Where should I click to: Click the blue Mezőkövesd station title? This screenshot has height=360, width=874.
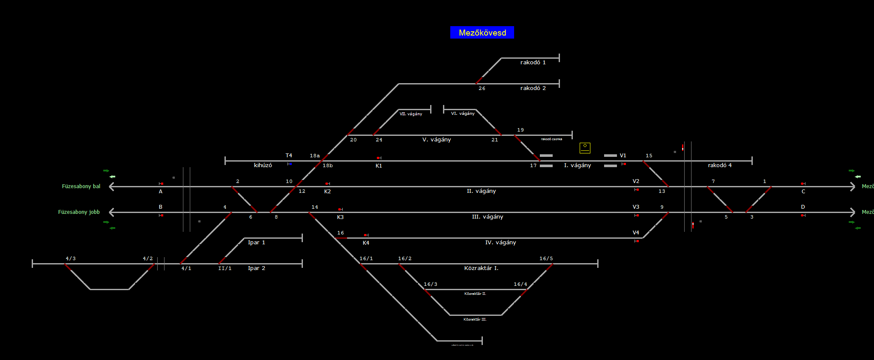(x=482, y=33)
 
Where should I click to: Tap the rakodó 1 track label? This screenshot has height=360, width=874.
(x=533, y=63)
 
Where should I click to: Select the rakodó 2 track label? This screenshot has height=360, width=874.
(x=533, y=88)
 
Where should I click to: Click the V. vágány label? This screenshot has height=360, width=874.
(x=437, y=140)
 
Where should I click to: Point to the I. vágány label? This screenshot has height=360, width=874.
(x=578, y=165)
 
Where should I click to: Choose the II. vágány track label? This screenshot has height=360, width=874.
(x=481, y=191)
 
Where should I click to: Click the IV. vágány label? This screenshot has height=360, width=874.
(x=500, y=243)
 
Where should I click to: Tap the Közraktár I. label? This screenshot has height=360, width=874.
(x=481, y=268)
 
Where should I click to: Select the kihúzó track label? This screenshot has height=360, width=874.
(x=263, y=165)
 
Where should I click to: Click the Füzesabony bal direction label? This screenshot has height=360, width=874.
(x=81, y=186)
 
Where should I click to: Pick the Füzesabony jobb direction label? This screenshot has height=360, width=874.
(x=79, y=212)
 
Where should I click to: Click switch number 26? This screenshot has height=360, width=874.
(x=482, y=88)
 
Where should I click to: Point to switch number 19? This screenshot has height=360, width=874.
(x=521, y=130)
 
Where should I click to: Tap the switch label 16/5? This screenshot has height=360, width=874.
(x=546, y=258)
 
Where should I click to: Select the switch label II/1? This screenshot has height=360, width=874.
(x=225, y=268)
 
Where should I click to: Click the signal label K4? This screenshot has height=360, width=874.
(x=366, y=243)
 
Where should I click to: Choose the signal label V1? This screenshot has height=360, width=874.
(x=623, y=156)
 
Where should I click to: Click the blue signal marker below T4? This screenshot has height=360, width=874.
(x=290, y=164)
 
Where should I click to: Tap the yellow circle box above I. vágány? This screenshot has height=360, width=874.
(x=585, y=148)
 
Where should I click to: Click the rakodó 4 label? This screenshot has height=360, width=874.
(x=720, y=165)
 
